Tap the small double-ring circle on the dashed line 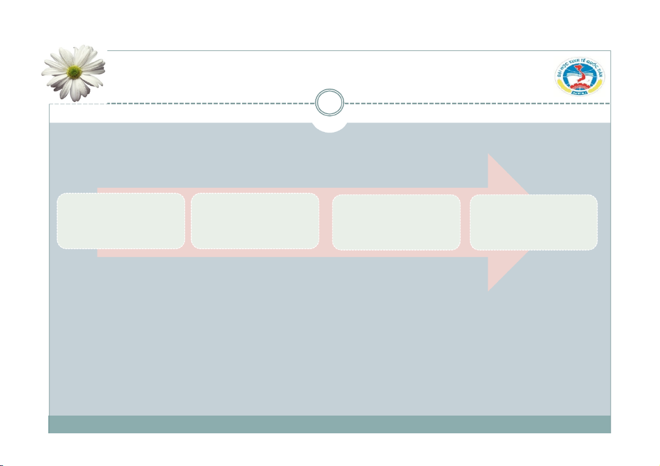coord(329,104)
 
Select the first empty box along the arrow coord(121,221)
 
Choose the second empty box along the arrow coord(255,221)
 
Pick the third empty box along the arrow coord(396,222)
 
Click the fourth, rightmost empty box coord(533,222)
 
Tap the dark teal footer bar coord(330,424)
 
